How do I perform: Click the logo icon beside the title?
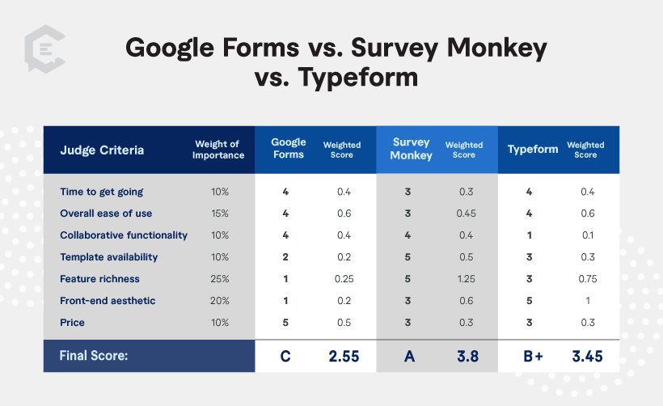pyautogui.click(x=44, y=49)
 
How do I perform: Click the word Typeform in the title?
pyautogui.click(x=357, y=78)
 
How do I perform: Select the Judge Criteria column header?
pyautogui.click(x=102, y=150)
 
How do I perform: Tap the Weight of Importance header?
pyautogui.click(x=218, y=150)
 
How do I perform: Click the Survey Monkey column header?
pyautogui.click(x=411, y=149)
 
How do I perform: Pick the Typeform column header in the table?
pyautogui.click(x=533, y=150)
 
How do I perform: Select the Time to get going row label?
pyautogui.click(x=102, y=192)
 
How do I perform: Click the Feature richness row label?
pyautogui.click(x=99, y=279)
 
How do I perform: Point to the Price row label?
pyautogui.click(x=72, y=322)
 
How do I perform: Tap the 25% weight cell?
pyautogui.click(x=220, y=279)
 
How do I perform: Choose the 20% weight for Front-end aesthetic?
pyautogui.click(x=220, y=301)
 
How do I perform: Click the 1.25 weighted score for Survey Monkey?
pyautogui.click(x=467, y=279)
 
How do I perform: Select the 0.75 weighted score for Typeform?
pyautogui.click(x=588, y=279)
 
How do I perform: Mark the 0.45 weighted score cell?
pyautogui.click(x=467, y=214)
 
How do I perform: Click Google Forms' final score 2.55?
pyautogui.click(x=344, y=356)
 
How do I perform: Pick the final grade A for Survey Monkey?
pyautogui.click(x=409, y=356)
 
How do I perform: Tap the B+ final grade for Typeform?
pyautogui.click(x=533, y=356)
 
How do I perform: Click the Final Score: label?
pyautogui.click(x=94, y=356)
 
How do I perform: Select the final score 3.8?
pyautogui.click(x=467, y=356)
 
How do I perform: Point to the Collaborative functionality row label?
pyautogui.click(x=124, y=235)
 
